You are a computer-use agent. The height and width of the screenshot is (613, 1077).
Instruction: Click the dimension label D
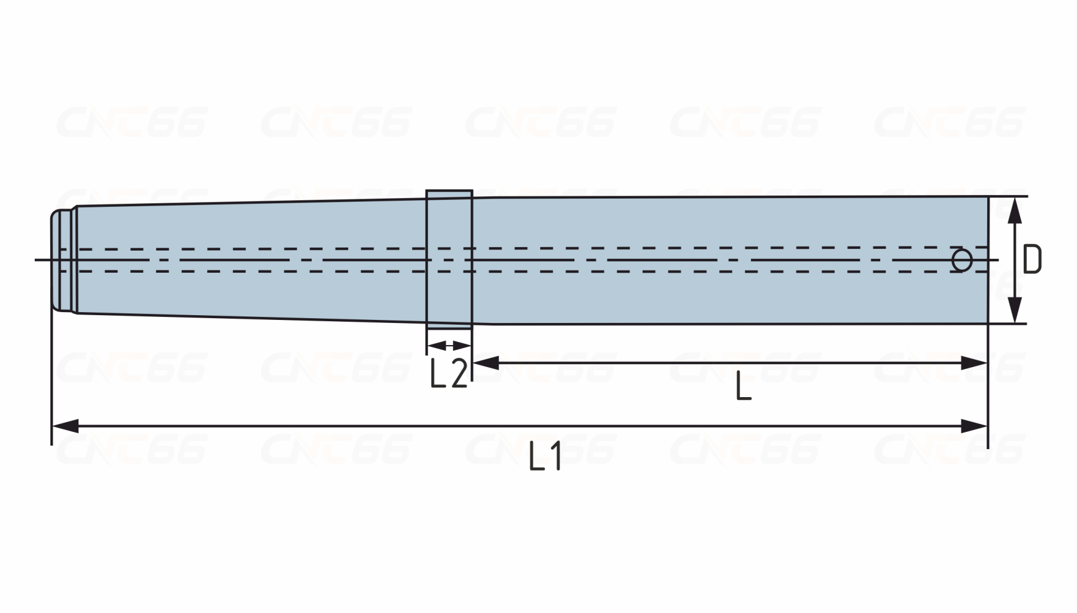coord(1032,260)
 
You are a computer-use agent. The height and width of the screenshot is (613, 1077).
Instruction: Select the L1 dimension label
coord(545,457)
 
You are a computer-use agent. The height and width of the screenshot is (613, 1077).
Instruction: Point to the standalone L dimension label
coord(743,386)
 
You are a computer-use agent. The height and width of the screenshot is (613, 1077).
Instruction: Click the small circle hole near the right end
coord(962,261)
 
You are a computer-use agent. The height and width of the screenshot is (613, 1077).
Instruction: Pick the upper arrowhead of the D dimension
coord(1014,210)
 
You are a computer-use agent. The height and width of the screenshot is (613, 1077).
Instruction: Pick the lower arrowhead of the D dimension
coord(1014,310)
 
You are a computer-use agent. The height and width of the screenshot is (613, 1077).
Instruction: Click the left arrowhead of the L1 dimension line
coord(65,426)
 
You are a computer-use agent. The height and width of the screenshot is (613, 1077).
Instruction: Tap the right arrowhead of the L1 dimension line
coord(973,426)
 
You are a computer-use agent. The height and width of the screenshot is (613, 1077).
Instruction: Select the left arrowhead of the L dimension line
coord(486,362)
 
